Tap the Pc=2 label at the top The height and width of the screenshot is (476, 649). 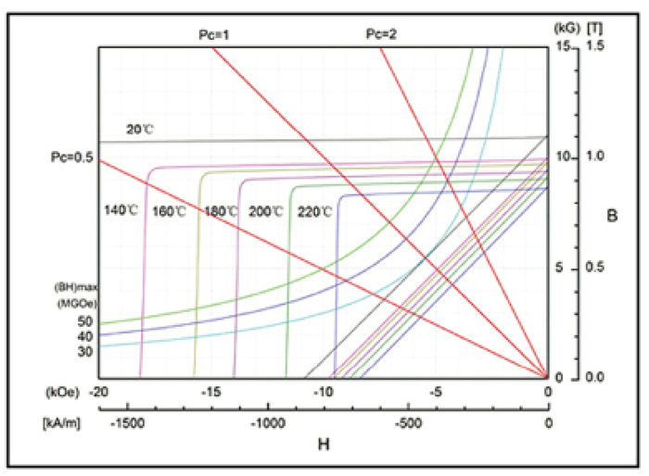tap(381, 35)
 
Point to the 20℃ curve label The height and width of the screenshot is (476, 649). tap(140, 130)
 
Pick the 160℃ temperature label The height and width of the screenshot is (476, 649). tap(169, 211)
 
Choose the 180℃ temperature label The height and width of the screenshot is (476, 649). tap(221, 211)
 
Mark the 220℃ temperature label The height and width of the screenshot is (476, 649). tap(314, 211)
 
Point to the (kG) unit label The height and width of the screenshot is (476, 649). tap(566, 29)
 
